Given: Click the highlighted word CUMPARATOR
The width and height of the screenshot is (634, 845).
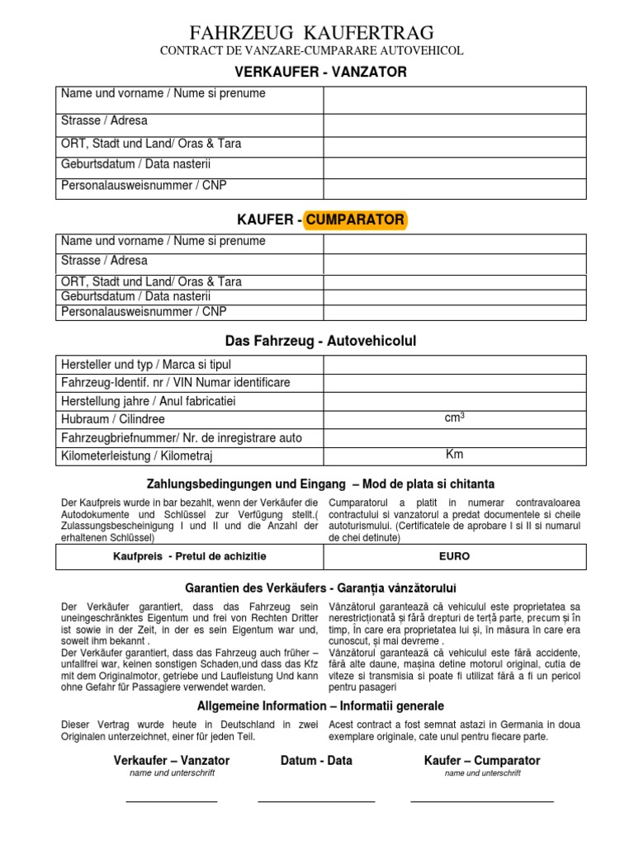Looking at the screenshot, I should tap(355, 220).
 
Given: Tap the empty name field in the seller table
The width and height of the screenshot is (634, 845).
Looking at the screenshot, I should tap(454, 100).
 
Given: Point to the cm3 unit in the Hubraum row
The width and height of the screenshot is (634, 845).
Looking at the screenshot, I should tap(455, 418).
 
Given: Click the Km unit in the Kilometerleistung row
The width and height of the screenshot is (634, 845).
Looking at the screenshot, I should tap(455, 454).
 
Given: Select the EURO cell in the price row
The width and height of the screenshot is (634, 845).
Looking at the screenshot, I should tap(455, 557).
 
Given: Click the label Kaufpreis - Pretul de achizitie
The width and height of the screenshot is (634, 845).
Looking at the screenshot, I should tap(190, 557).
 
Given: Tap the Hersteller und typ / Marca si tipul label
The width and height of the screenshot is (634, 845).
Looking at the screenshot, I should tap(146, 365).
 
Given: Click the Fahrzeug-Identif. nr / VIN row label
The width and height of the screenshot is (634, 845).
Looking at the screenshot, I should tap(176, 383).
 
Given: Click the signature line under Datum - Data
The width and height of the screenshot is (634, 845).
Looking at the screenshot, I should tap(316, 801).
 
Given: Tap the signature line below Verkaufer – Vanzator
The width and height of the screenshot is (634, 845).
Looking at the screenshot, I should tap(172, 801).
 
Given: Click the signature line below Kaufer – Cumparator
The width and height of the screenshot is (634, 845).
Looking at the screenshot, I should tap(482, 801).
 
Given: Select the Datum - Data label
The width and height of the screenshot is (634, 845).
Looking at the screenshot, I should tap(317, 760).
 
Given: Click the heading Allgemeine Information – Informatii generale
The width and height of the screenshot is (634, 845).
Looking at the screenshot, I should tap(320, 706).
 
